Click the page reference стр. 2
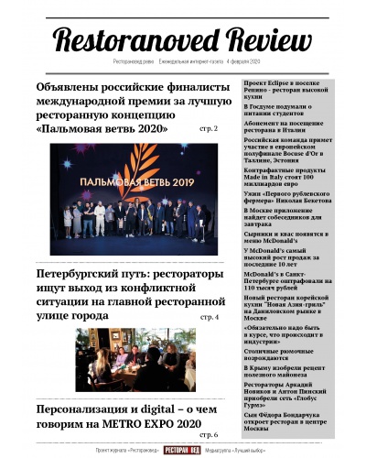[x=209, y=129]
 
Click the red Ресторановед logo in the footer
[x=182, y=451]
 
